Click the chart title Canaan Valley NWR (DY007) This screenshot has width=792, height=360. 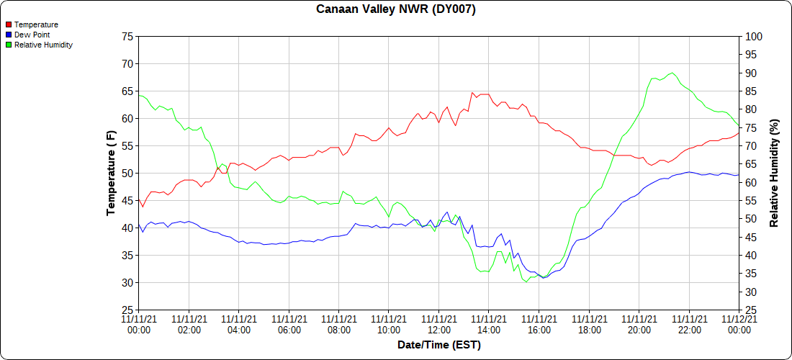(x=396, y=9)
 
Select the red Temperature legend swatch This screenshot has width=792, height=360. (x=9, y=24)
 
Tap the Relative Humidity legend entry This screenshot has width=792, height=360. (x=43, y=45)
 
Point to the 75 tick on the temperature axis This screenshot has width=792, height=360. (x=127, y=36)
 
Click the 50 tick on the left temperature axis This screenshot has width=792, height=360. (x=127, y=173)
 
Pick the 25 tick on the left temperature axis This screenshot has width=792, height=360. (x=127, y=310)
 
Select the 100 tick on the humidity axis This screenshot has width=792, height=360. (x=753, y=36)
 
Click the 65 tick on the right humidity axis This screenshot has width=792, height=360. (x=751, y=164)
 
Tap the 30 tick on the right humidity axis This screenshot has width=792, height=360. (x=751, y=292)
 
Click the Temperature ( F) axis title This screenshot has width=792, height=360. (x=111, y=173)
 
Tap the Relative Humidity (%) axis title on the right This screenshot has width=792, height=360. (x=775, y=173)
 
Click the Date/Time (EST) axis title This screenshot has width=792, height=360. (x=438, y=345)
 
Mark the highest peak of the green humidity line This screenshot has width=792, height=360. (x=672, y=73)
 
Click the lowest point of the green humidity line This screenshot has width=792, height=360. (x=526, y=282)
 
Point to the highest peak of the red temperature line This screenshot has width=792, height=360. (x=472, y=92)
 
